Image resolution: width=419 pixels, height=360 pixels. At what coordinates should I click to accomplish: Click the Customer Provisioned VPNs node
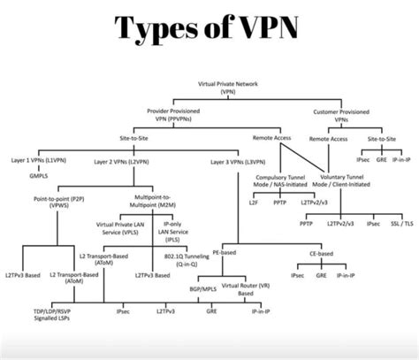pyautogui.click(x=342, y=115)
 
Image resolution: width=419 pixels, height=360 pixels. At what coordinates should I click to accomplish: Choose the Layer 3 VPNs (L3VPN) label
pyautogui.click(x=238, y=161)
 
